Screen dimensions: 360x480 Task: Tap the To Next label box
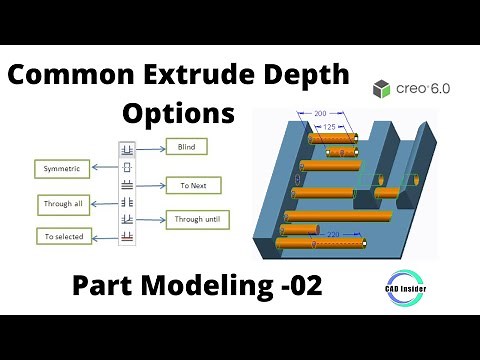193,185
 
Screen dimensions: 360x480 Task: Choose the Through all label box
62,204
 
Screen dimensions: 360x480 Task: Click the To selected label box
62,237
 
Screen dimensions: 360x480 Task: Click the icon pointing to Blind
127,150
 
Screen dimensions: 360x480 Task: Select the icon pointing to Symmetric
127,167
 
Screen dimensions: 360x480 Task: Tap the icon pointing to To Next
127,185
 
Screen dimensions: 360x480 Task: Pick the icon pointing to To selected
127,236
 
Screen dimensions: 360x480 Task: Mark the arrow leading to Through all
106,204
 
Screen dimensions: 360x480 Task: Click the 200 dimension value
321,114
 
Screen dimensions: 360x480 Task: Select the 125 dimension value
330,127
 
